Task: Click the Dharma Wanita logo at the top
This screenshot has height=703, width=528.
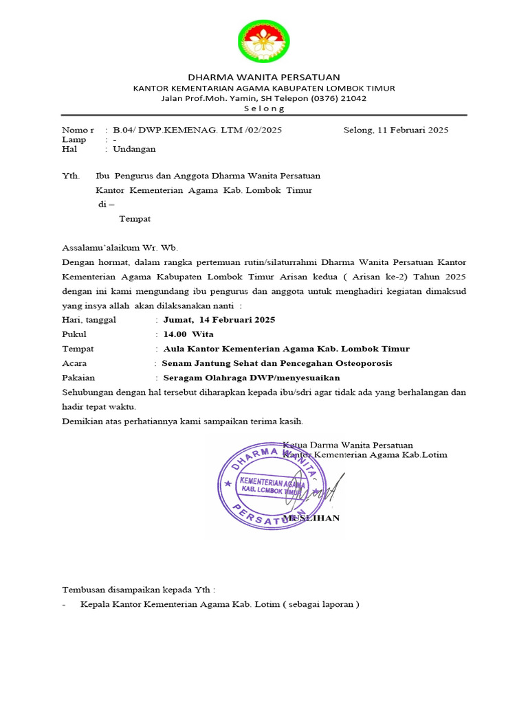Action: coord(264,41)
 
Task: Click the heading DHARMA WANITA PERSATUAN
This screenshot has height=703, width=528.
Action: coord(264,77)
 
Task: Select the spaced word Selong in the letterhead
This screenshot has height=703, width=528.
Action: coord(264,109)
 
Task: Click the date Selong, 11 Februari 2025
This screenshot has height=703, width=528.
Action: coord(395,130)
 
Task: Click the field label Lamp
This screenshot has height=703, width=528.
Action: coord(74,139)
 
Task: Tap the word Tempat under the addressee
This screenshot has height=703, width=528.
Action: coord(135,219)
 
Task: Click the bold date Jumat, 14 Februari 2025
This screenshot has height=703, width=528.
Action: coord(219,320)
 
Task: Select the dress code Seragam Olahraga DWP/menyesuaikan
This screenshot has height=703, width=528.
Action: coord(251,378)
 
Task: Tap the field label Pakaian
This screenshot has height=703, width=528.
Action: coord(78,378)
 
